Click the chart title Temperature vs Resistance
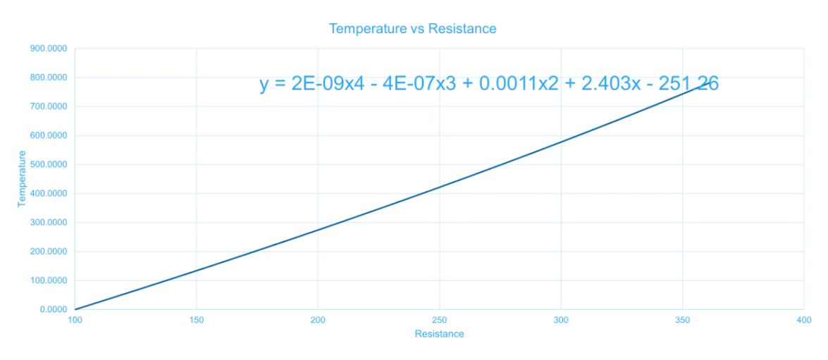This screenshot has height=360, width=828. tap(413, 29)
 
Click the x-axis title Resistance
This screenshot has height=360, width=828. tap(439, 334)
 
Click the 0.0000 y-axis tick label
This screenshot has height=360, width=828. tap(52, 309)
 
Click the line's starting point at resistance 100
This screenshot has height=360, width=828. tap(75, 309)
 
